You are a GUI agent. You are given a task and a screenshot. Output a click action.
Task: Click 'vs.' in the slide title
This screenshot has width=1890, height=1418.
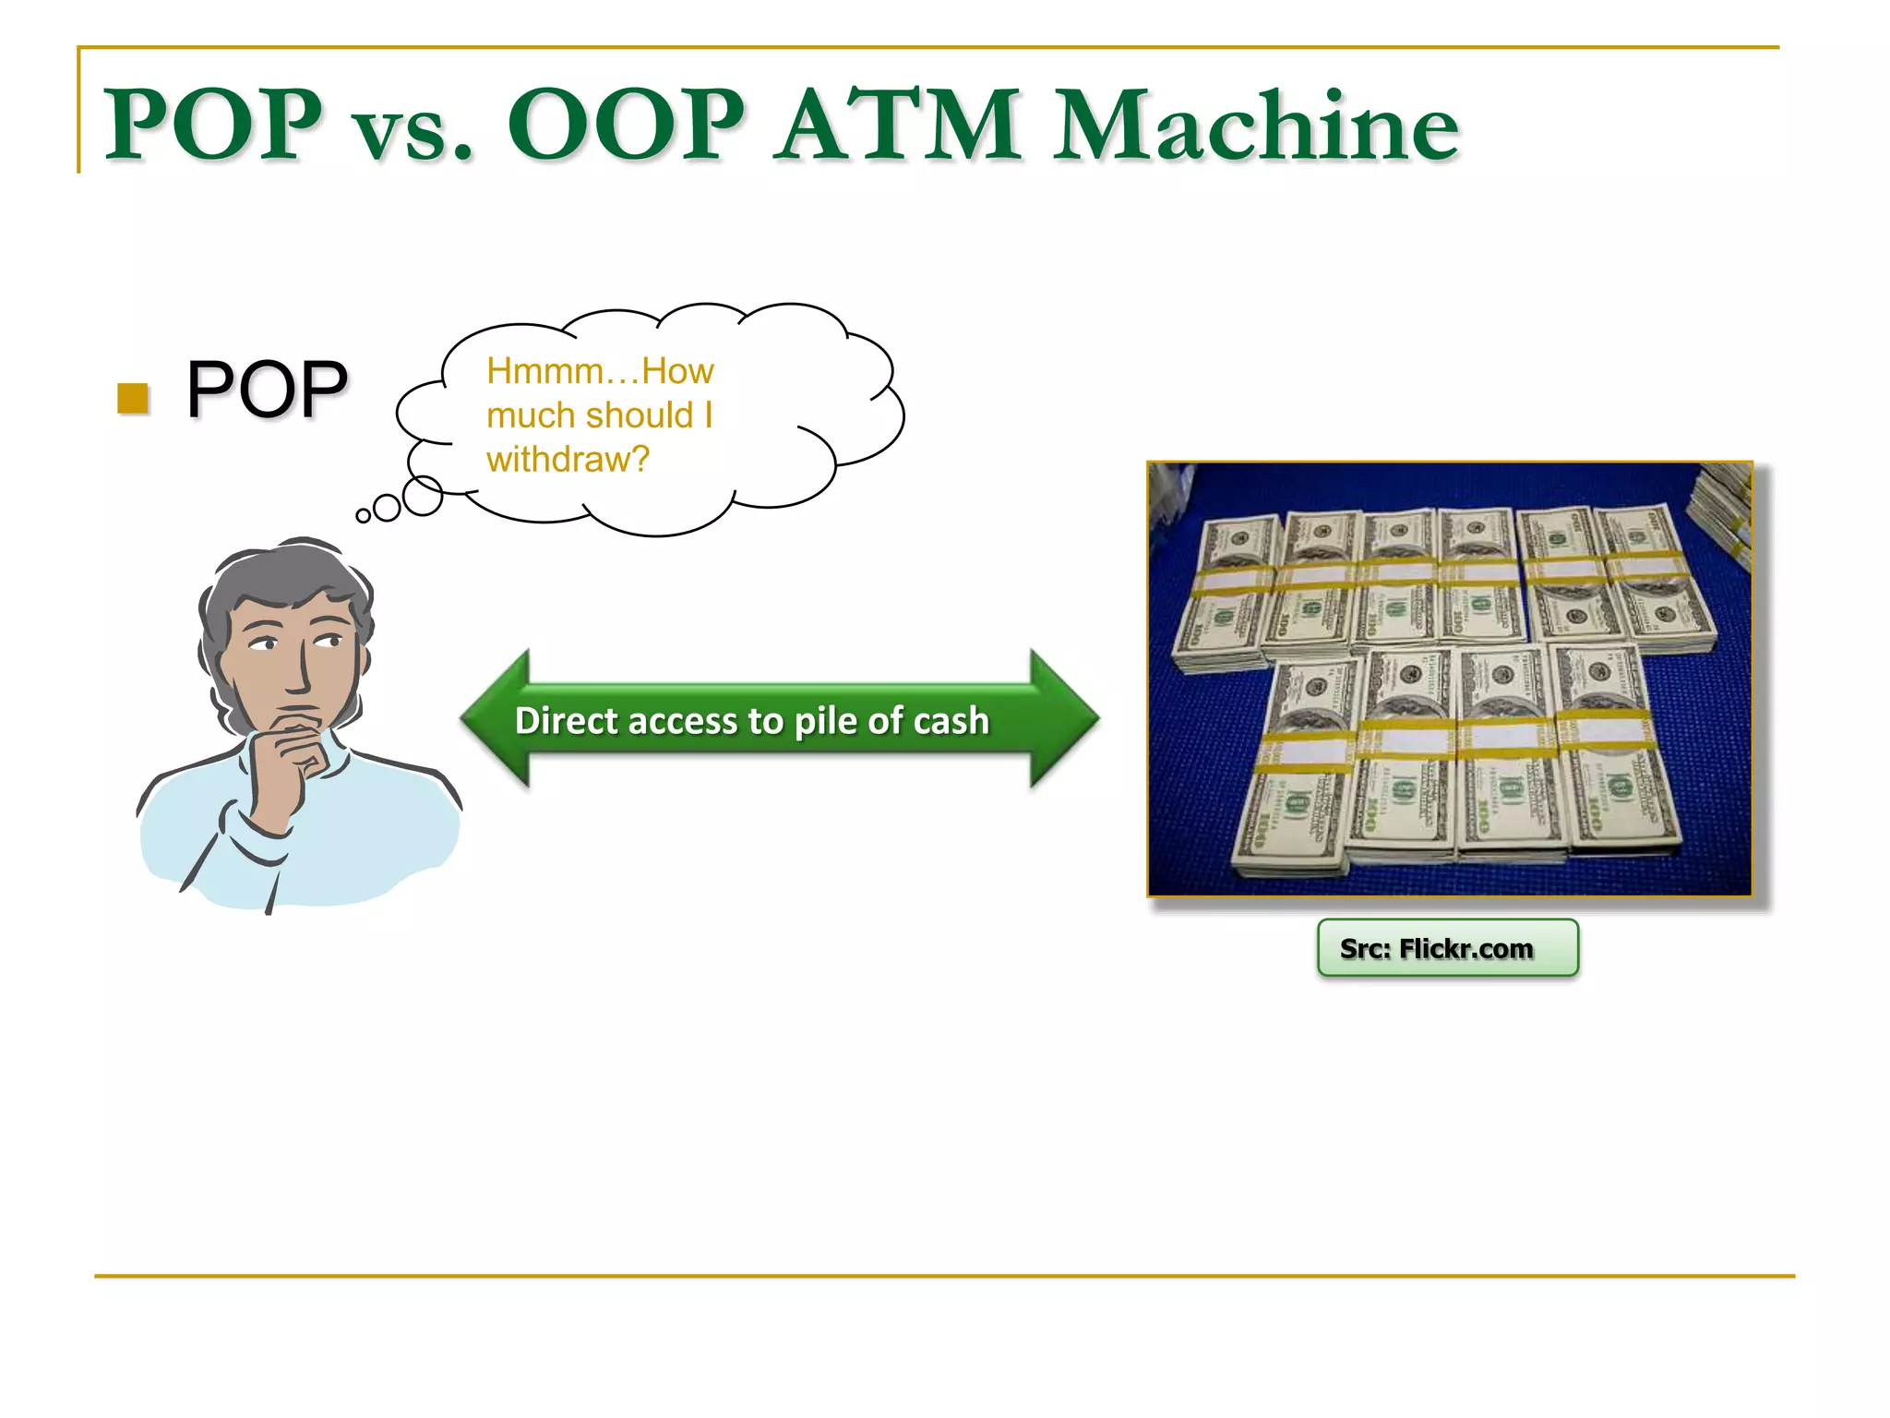tap(413, 134)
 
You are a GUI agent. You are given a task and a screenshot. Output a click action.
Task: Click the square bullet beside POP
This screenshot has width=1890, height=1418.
tap(133, 398)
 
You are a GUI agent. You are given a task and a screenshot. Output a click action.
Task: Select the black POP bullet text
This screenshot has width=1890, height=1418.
tap(267, 390)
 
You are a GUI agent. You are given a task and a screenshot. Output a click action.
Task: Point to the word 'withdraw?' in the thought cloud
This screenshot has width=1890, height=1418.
tap(568, 459)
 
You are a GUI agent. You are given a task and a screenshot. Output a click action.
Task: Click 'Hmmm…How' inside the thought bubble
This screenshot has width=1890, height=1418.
tap(600, 371)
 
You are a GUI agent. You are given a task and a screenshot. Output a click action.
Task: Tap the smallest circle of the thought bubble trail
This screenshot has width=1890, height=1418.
tap(364, 516)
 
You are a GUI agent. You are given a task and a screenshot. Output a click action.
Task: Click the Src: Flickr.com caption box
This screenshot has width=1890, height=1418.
tap(1447, 948)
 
